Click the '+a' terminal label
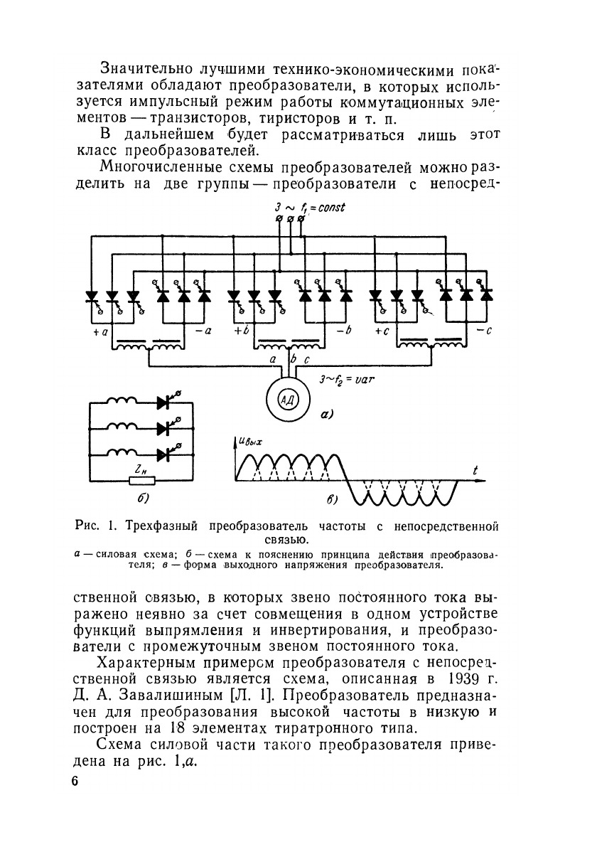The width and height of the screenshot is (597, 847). [x=99, y=331]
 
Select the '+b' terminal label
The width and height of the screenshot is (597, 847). [x=240, y=331]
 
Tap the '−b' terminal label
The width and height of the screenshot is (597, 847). [x=344, y=331]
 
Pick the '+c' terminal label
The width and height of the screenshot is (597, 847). [x=382, y=331]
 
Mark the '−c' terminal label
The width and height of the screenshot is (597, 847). [x=484, y=331]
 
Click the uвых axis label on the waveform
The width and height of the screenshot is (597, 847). [x=251, y=442]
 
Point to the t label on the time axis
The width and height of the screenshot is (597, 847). [x=474, y=469]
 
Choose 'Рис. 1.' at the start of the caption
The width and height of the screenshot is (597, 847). [x=95, y=527]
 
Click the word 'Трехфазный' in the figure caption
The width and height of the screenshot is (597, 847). [x=164, y=527]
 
